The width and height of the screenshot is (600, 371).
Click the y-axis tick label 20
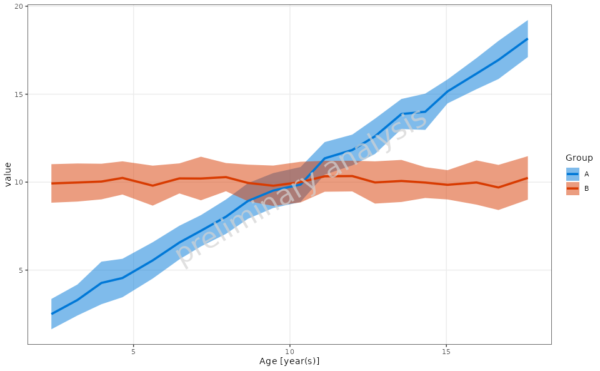tap(18, 6)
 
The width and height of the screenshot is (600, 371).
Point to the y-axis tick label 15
tap(18, 94)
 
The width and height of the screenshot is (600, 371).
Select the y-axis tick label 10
tap(18, 183)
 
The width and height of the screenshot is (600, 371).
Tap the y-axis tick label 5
tap(21, 270)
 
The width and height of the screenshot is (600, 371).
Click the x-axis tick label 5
tap(133, 351)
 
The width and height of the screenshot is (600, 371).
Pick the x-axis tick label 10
tap(290, 351)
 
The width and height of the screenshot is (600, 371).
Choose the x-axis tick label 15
tap(446, 351)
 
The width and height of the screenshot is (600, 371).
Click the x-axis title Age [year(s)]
tap(289, 362)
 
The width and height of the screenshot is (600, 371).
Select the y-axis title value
tap(7, 175)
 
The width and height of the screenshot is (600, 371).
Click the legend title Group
tap(579, 158)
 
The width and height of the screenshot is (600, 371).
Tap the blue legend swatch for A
tap(572, 174)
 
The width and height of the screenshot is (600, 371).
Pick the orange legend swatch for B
tap(572, 188)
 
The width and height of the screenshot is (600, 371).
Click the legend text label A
tap(586, 174)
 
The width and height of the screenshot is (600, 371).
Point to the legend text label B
tap(586, 188)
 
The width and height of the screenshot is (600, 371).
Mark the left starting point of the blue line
tap(52, 314)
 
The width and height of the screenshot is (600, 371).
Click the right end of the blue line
tap(528, 39)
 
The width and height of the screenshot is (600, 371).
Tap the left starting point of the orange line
tap(52, 183)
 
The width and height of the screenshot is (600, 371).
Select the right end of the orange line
tap(528, 178)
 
